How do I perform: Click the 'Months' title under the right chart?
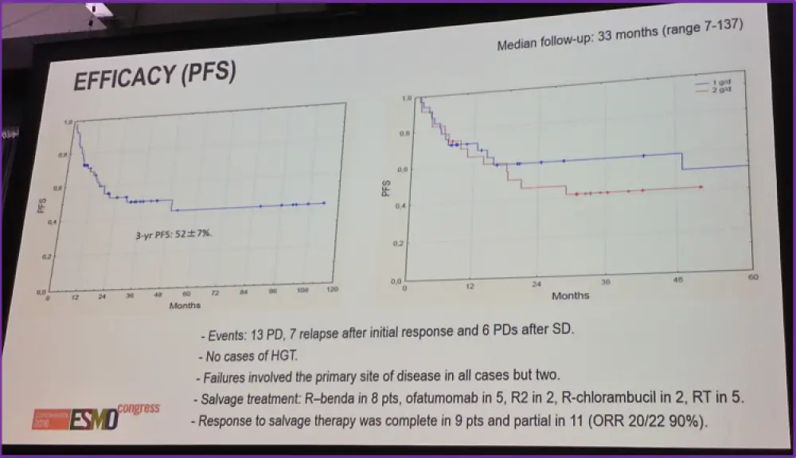(x=571, y=295)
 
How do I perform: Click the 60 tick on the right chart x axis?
(x=751, y=277)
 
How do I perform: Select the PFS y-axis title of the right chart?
(x=386, y=187)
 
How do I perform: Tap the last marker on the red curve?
(x=700, y=187)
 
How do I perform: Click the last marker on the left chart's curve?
(x=323, y=203)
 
